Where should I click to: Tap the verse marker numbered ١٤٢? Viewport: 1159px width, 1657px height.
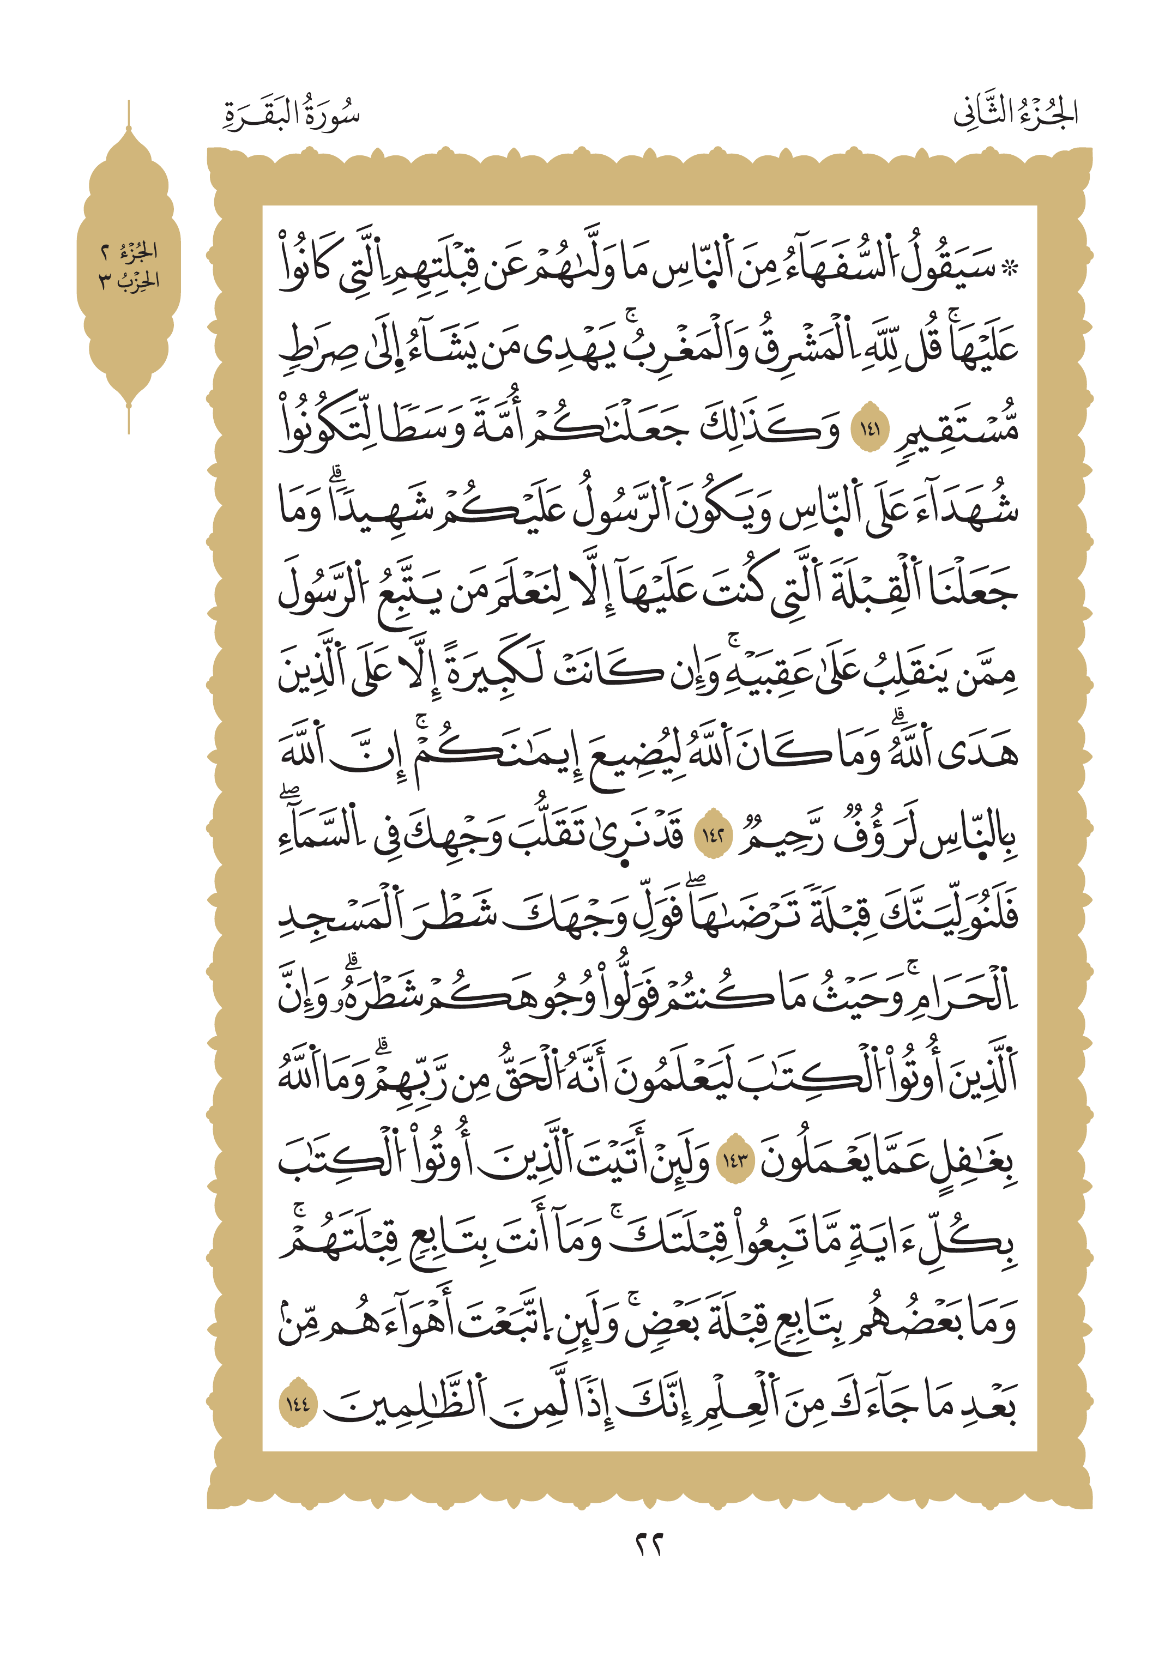(x=713, y=837)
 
